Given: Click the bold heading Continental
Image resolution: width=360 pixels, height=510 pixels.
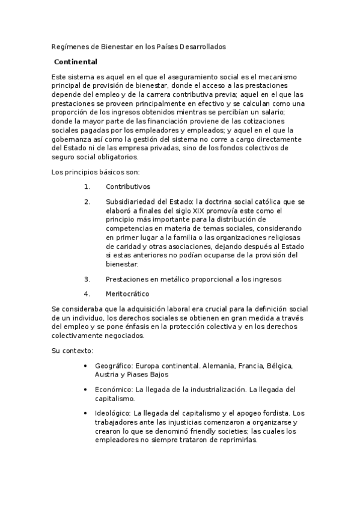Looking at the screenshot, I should coord(75,62).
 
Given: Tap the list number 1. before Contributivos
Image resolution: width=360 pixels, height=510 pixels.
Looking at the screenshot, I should coord(87,186).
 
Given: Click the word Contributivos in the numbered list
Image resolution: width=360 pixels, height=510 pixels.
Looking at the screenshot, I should coord(127,186).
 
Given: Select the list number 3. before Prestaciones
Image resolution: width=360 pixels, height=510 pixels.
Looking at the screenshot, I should coord(87,279).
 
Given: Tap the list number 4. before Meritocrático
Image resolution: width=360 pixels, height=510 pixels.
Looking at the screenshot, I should coord(87,294).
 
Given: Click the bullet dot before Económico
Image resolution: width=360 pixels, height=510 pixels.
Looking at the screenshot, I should coord(89,390).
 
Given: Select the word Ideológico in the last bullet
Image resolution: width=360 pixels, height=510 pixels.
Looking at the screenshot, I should coord(112,414).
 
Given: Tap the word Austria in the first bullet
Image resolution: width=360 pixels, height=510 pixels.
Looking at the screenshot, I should coord(106,374).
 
